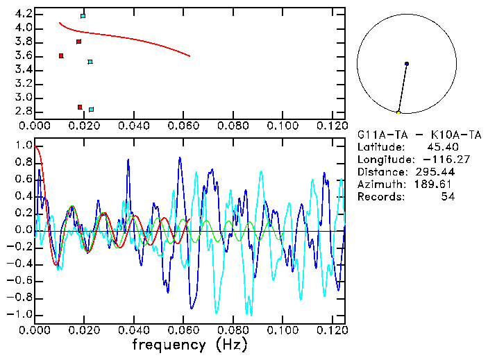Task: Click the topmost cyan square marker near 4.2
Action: pos(83,15)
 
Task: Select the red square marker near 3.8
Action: pos(78,42)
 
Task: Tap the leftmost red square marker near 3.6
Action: pos(61,55)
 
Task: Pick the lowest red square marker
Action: pos(80,107)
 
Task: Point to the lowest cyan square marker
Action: pos(91,110)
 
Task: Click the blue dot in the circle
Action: pos(406,64)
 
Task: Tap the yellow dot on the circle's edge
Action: pos(398,112)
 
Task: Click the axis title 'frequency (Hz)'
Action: pos(190,344)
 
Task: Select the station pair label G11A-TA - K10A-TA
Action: pos(419,135)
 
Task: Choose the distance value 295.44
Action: pos(435,172)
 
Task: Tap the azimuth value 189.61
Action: pos(435,185)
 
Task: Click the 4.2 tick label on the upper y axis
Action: pos(22,14)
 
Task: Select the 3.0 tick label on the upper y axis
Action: pos(22,97)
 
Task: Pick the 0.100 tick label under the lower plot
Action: pos(282,330)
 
